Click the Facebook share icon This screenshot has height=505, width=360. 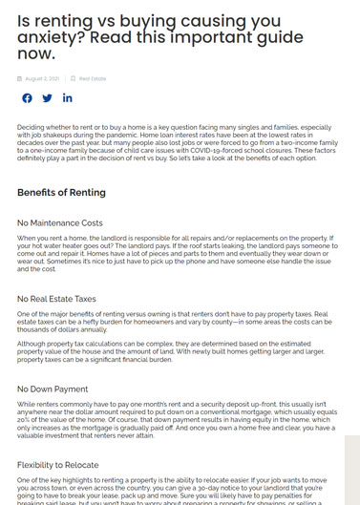tap(26, 98)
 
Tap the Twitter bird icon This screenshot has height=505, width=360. tap(47, 98)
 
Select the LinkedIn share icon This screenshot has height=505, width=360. tap(68, 98)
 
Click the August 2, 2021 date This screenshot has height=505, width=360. tap(42, 78)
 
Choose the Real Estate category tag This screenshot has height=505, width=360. tap(93, 78)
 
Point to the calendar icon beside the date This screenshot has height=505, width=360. tap(20, 78)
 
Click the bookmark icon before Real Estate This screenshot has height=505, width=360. tap(73, 78)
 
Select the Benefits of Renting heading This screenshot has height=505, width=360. tap(61, 193)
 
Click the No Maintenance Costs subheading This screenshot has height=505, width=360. tap(60, 222)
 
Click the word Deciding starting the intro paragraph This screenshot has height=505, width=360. tap(32, 127)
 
